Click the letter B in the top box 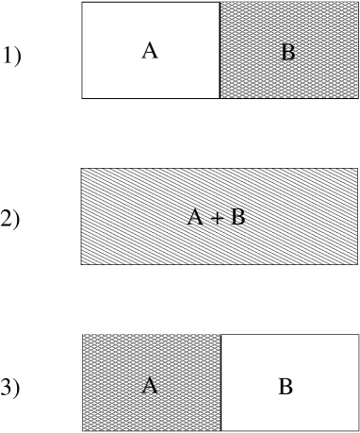[x=287, y=53]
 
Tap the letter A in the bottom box [x=149, y=386]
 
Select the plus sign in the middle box [x=217, y=219]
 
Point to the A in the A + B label [x=195, y=218]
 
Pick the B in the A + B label [x=237, y=218]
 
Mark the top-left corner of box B [x=221, y=2]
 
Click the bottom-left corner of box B [x=221, y=97]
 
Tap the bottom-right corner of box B [x=358, y=97]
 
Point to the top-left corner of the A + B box [x=81, y=169]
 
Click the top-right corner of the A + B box [x=357, y=169]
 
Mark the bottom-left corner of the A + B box [x=81, y=264]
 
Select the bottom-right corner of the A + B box [x=357, y=264]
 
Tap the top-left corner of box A [x=83, y=334]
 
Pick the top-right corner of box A [x=220, y=334]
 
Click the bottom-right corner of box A [x=220, y=430]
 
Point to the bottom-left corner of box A [x=83, y=430]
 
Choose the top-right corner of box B [x=358, y=2]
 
